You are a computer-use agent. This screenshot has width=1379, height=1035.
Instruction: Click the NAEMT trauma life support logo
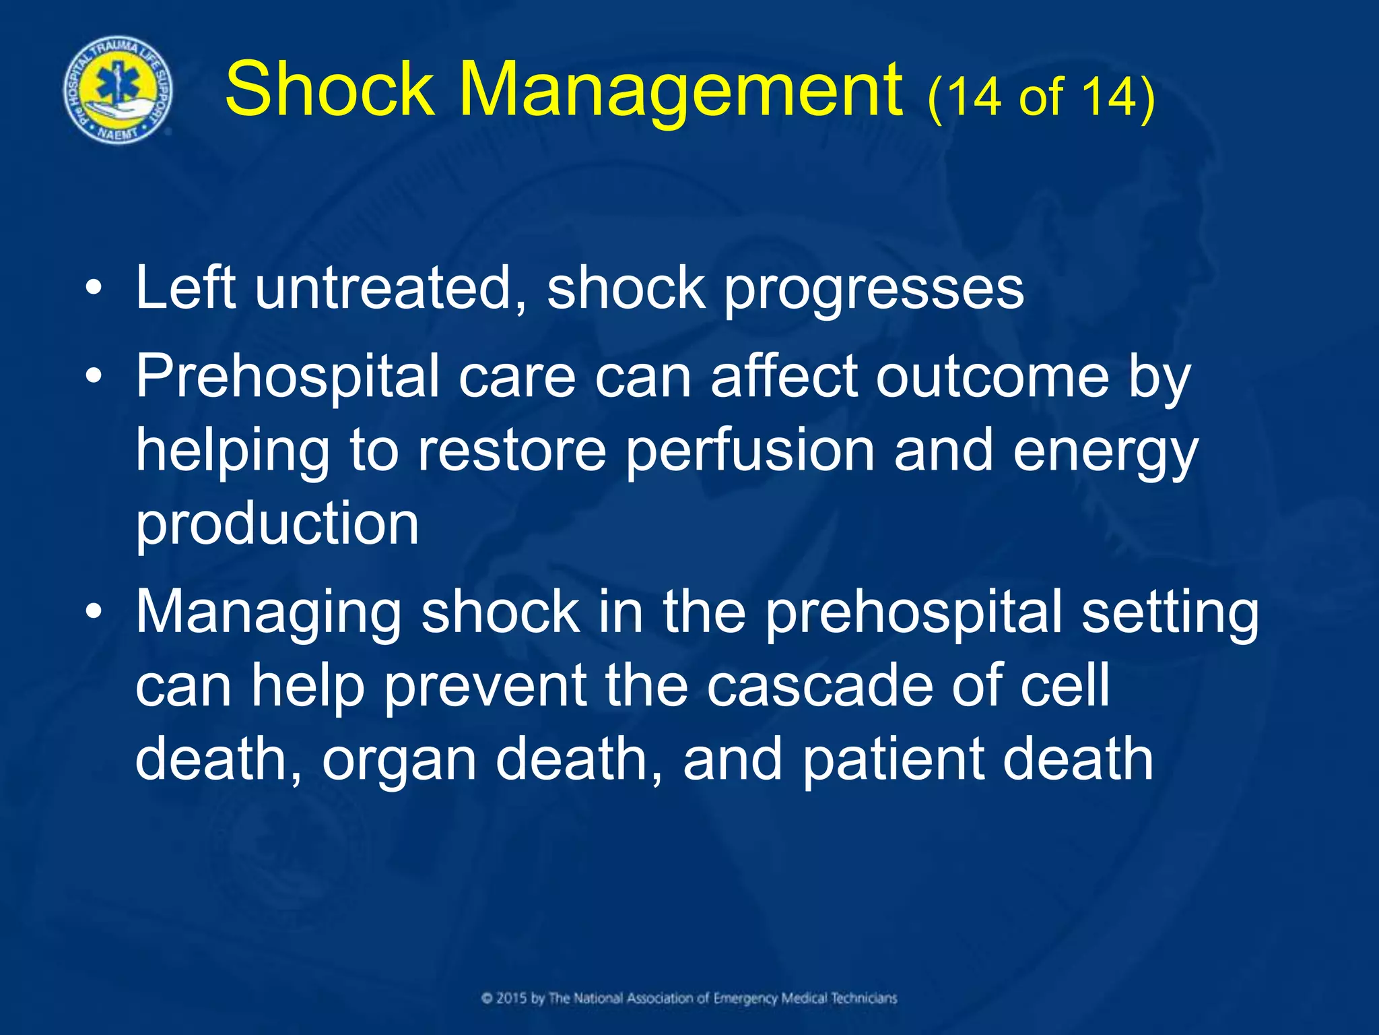[x=118, y=90]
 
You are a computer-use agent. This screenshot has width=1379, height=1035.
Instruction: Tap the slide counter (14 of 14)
[x=1041, y=98]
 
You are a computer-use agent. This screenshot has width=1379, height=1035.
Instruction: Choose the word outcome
[x=992, y=377]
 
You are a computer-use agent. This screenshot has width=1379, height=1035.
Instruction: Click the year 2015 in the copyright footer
[x=511, y=998]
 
